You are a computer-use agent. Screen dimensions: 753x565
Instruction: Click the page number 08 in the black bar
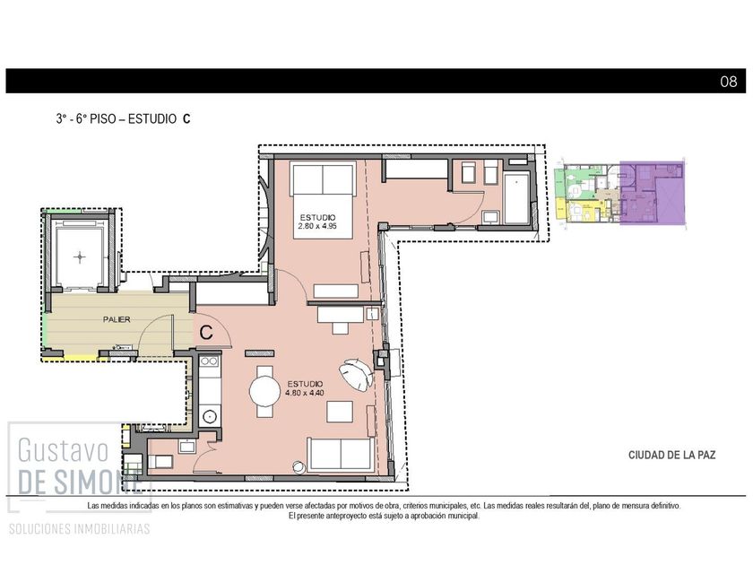[x=728, y=82]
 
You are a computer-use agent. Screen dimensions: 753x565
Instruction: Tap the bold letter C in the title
[x=186, y=119]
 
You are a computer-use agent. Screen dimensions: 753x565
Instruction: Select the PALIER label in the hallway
[x=117, y=319]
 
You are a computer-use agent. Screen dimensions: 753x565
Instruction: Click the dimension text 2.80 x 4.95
[x=317, y=226]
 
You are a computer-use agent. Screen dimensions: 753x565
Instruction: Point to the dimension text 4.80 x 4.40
[x=305, y=393]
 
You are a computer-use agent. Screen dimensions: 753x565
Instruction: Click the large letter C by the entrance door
[x=206, y=332]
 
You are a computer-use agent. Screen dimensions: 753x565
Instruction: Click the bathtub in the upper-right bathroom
[x=516, y=198]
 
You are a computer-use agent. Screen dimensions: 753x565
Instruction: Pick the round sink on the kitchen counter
[x=210, y=416]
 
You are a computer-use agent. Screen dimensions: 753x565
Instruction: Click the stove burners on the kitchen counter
[x=209, y=361]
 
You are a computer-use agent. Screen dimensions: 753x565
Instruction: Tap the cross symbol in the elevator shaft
[x=80, y=257]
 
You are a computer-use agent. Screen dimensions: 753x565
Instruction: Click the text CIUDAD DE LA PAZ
[x=671, y=455]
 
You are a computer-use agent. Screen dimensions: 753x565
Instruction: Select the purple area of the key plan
[x=652, y=193]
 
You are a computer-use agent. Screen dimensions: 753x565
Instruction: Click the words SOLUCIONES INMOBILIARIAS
[x=79, y=529]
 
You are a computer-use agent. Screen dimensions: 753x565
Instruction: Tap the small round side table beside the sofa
[x=299, y=467]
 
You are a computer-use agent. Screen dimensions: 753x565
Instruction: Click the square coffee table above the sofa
[x=340, y=413]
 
